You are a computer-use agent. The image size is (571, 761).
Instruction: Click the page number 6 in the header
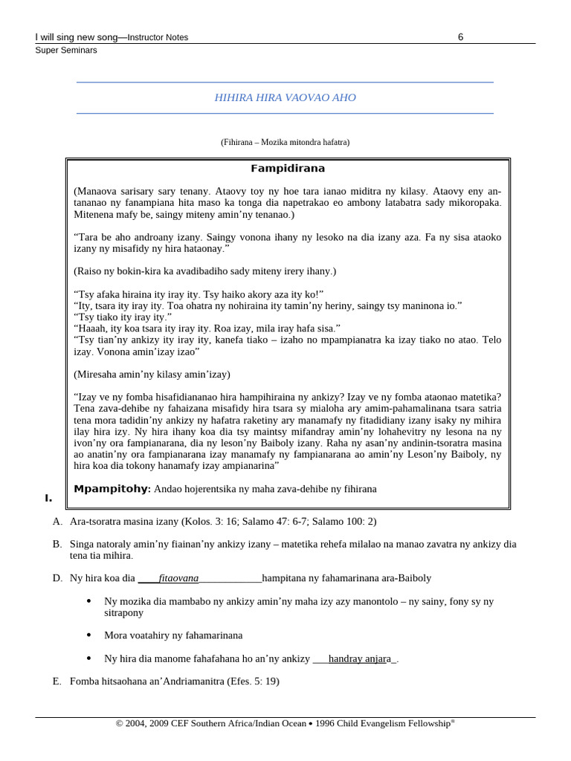coord(461,37)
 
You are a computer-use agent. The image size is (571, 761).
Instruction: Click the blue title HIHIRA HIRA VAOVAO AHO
coord(285,98)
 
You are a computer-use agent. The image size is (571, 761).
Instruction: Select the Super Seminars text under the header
coord(66,51)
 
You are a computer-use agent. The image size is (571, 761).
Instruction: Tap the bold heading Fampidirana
coord(288,169)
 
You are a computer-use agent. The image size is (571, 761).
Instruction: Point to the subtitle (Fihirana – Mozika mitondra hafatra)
coord(285,142)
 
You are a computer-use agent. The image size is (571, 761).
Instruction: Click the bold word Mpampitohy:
coord(112,488)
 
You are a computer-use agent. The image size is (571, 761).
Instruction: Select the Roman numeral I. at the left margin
coord(49,498)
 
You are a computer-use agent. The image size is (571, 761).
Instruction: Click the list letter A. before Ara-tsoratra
coord(57,522)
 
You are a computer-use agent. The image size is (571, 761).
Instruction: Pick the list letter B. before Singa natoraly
coord(57,544)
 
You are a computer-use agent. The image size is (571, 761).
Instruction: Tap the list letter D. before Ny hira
coord(57,577)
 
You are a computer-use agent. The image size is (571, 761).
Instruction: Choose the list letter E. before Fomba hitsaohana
coord(57,681)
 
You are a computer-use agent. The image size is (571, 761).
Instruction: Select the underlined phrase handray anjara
coord(361,658)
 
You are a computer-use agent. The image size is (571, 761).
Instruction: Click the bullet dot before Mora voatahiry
coord(90,635)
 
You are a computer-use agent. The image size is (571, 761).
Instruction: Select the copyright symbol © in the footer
coord(119,724)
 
